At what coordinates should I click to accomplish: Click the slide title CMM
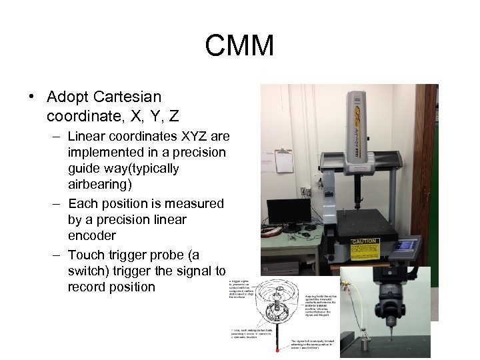point(239,46)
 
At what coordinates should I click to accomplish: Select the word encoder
point(92,235)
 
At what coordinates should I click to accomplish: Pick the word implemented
point(101,152)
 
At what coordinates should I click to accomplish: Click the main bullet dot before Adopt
point(32,97)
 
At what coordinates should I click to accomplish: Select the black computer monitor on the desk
point(288,211)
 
